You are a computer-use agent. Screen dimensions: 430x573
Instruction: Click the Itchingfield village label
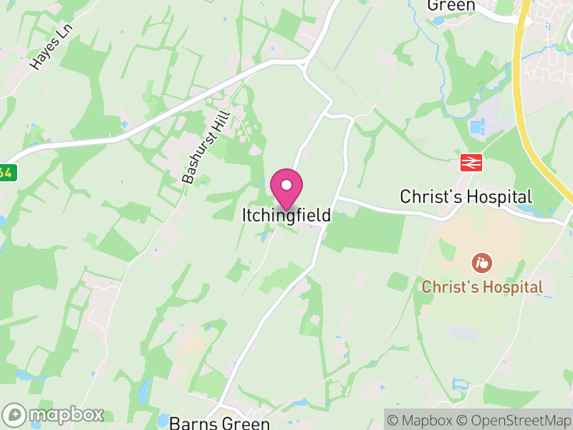pyautogui.click(x=286, y=215)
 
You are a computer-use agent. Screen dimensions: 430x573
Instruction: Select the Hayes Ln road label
pyautogui.click(x=52, y=47)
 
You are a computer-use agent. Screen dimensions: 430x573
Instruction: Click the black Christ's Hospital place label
pyautogui.click(x=466, y=196)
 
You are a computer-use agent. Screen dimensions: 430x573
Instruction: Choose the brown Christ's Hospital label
pyautogui.click(x=481, y=287)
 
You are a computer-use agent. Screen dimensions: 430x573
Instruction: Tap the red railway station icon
pyautogui.click(x=470, y=163)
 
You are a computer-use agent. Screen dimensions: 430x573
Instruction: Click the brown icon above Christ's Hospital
pyautogui.click(x=482, y=262)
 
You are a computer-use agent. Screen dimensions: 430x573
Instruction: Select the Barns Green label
pyautogui.click(x=220, y=423)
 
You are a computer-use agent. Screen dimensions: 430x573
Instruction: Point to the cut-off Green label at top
pyautogui.click(x=451, y=6)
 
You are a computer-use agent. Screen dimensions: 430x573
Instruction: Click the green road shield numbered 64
pyautogui.click(x=6, y=173)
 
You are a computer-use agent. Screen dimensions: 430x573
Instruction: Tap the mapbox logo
pyautogui.click(x=54, y=414)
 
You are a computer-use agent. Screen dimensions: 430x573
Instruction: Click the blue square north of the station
pyautogui.click(x=476, y=128)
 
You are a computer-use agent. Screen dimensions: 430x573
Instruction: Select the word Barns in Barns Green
pyautogui.click(x=189, y=423)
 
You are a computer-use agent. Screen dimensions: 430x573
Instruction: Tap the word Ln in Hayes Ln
pyautogui.click(x=66, y=32)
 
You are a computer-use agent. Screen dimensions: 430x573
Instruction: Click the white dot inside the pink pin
pyautogui.click(x=286, y=185)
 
